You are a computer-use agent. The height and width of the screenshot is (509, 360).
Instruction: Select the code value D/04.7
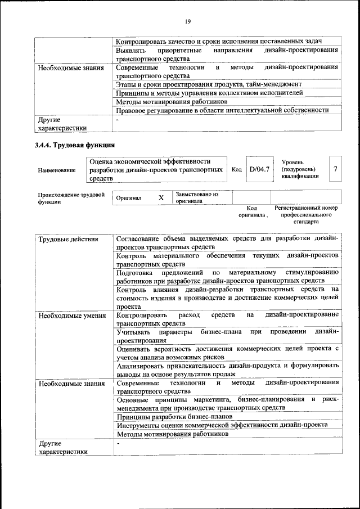(x=259, y=169)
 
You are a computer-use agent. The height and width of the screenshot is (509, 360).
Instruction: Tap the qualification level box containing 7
(x=336, y=169)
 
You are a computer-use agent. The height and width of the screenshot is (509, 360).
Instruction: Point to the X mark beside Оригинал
(x=161, y=198)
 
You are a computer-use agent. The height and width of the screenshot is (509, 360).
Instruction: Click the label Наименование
(x=57, y=170)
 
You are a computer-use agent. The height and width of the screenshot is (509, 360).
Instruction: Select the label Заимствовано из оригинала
(x=197, y=197)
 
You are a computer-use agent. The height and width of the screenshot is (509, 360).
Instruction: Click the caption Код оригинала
(x=251, y=211)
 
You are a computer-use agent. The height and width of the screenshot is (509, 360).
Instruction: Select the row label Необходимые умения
(x=71, y=316)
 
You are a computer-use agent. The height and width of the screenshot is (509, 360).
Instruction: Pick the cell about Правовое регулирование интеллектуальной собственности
(x=222, y=110)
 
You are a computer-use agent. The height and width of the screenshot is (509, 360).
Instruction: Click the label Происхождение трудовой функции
(x=70, y=198)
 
